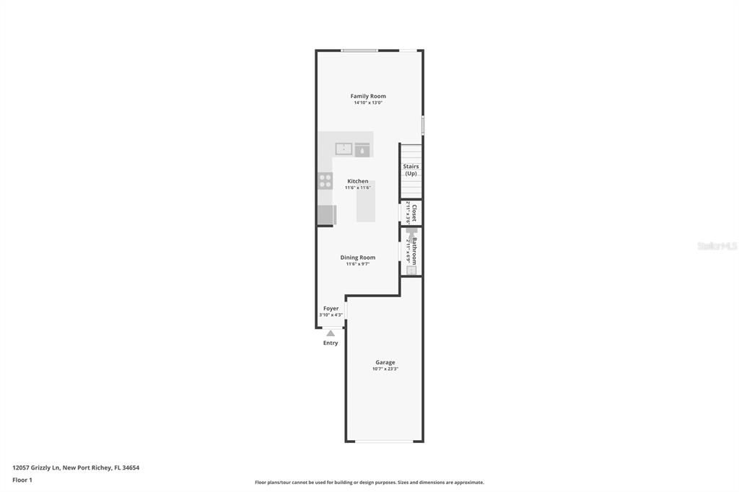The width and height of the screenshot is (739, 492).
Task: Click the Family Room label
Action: pos(368,96)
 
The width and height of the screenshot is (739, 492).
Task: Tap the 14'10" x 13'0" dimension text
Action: pos(368,103)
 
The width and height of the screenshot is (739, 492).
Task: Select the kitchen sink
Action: pos(344,149)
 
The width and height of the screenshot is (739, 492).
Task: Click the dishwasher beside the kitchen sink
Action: pos(362,150)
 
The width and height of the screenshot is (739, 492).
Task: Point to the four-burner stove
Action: pos(325,181)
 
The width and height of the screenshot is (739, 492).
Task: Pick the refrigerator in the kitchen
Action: pos(326,215)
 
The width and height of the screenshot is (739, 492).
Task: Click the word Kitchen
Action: pos(358,181)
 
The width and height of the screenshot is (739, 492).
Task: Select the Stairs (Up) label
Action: pos(411,170)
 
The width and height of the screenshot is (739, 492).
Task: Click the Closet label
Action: pos(414,213)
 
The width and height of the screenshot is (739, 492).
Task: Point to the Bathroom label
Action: pos(414,250)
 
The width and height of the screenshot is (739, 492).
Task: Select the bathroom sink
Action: pos(411,271)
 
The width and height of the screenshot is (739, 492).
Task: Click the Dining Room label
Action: pos(358,258)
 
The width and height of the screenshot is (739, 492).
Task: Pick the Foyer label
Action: pos(331,308)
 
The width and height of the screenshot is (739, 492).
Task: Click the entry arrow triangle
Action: pos(331,333)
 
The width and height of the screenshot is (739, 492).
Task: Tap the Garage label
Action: pos(385,362)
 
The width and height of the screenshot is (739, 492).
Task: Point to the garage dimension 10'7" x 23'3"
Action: pos(385,369)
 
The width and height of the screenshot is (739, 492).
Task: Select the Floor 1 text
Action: pos(22,480)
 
